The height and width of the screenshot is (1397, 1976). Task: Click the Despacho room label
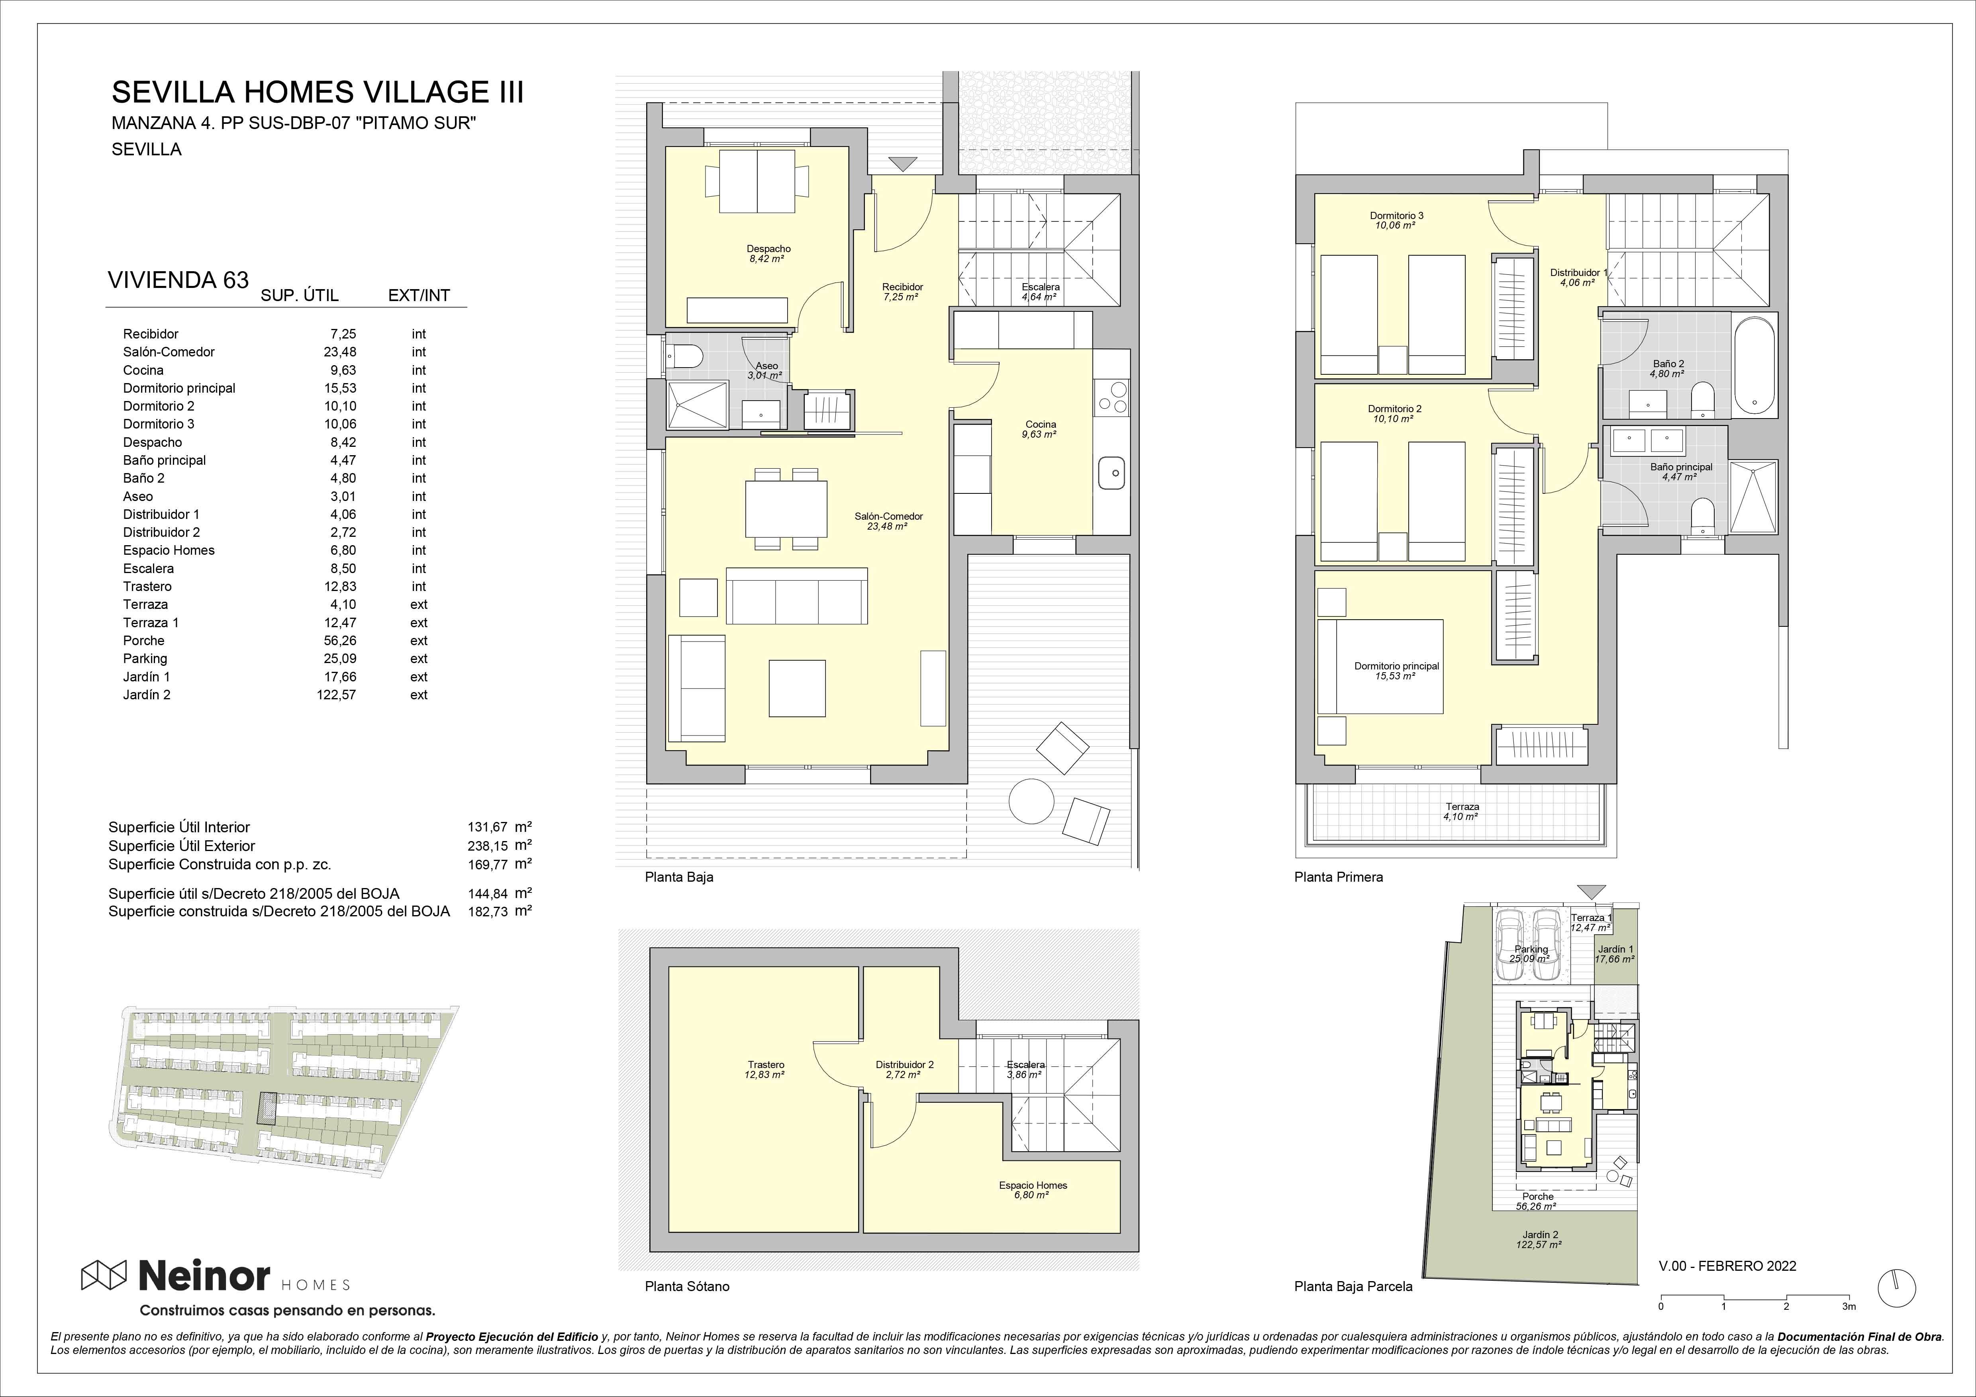point(768,248)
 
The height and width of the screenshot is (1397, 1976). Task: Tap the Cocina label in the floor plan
point(1041,424)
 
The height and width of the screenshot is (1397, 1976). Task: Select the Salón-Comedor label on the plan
point(888,516)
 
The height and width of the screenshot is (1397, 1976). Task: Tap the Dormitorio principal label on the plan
point(1396,666)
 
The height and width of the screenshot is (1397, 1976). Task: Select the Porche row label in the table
point(144,641)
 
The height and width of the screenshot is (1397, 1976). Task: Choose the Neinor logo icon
point(104,1276)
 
